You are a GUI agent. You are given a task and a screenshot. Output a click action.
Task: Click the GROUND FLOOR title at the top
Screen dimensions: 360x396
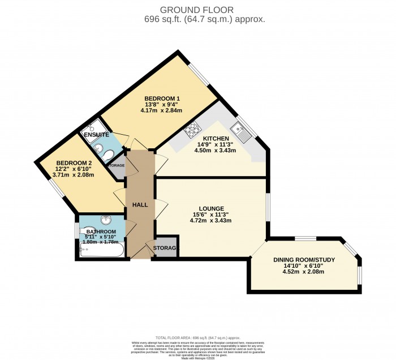pos(197,9)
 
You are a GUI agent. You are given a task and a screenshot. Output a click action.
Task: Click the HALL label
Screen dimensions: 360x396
pos(140,204)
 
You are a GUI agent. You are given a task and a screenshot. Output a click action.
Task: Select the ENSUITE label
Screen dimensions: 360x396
pos(96,135)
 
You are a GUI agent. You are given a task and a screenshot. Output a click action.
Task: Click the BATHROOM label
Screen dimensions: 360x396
pos(101,232)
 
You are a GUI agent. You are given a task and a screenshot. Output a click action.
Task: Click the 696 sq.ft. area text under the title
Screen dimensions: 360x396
pos(197,19)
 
